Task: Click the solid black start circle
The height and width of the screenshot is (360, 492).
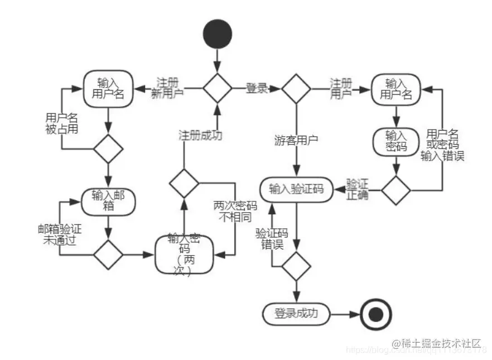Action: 217,33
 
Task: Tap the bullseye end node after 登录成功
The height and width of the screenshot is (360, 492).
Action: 375,314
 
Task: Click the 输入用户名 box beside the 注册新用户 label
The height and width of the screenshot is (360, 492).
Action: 109,88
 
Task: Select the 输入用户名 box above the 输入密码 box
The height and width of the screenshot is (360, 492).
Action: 396,89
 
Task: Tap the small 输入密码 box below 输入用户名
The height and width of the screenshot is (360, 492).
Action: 396,142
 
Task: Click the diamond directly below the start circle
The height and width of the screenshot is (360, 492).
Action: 217,88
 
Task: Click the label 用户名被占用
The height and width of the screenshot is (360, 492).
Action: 61,123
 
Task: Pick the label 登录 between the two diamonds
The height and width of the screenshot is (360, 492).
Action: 257,88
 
